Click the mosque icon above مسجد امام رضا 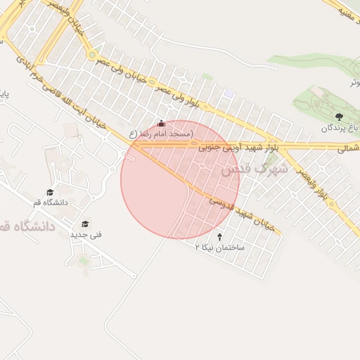(162, 124)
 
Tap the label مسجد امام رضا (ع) (161, 134)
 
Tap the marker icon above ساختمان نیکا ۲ (221, 237)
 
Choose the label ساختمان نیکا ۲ (220, 248)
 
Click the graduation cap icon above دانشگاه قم (49, 192)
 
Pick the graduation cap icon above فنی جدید (86, 224)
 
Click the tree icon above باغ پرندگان (340, 116)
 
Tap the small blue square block (229, 94)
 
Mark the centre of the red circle (180, 180)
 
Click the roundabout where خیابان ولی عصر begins (91, 54)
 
